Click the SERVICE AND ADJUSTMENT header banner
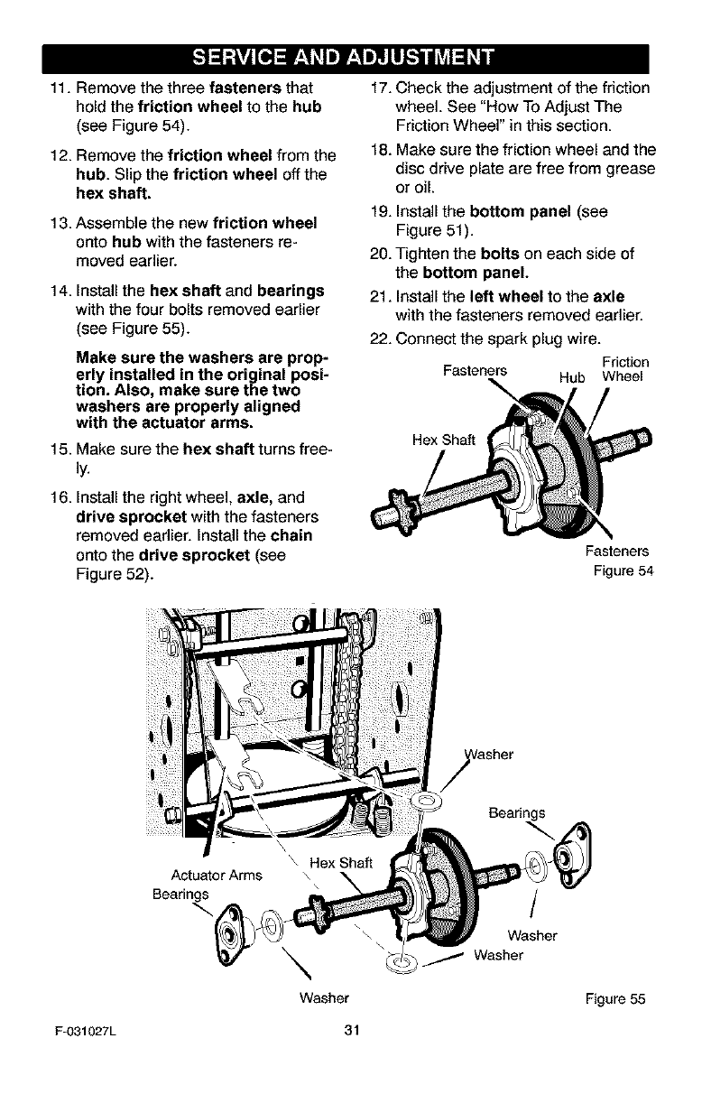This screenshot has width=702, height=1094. click(351, 60)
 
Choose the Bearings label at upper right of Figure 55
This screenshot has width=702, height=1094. click(516, 811)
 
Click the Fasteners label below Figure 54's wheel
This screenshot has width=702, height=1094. click(618, 551)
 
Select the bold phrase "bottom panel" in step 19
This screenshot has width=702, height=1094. click(504, 212)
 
